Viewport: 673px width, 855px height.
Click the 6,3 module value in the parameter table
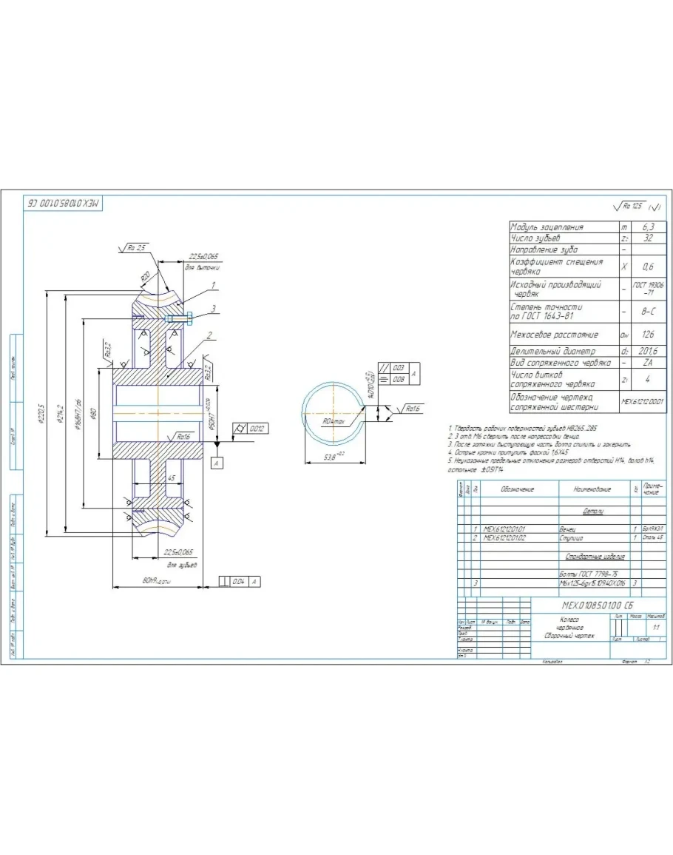click(648, 227)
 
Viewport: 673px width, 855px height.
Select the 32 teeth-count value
click(648, 238)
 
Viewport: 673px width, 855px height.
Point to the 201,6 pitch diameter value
click(648, 351)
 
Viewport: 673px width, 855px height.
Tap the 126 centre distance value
click(648, 335)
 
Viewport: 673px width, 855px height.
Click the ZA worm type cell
click(648, 363)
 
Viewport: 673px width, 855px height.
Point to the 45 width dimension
click(172, 478)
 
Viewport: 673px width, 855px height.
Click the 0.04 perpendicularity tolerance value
click(238, 583)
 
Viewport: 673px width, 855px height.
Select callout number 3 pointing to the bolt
click(214, 309)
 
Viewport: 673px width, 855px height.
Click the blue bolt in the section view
click(180, 318)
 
